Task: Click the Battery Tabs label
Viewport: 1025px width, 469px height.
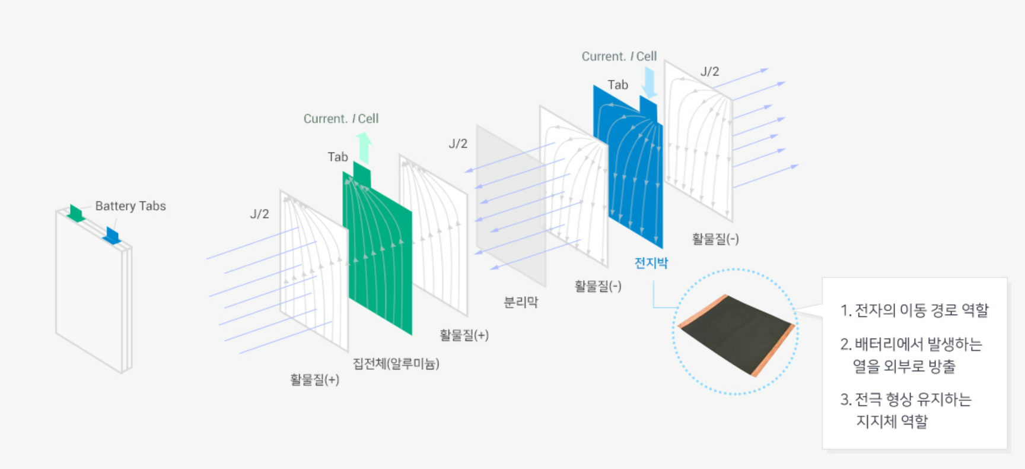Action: tap(130, 206)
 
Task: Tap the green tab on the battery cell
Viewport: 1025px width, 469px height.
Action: tap(76, 213)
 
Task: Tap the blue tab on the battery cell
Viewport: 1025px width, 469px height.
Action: tap(112, 235)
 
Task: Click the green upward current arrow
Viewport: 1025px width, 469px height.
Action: tap(364, 147)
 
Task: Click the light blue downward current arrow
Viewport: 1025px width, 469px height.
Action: tap(650, 83)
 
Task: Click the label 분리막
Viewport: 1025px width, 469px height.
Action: tap(521, 302)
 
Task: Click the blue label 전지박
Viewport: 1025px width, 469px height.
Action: tap(651, 263)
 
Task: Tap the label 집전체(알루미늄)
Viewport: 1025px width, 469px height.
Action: tap(396, 363)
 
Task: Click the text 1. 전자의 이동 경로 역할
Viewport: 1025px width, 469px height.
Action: tap(914, 310)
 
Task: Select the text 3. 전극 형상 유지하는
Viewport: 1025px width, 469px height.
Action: tap(906, 399)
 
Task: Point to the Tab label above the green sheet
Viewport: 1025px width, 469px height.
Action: tap(338, 157)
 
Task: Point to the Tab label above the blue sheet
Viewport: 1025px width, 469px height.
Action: tap(617, 85)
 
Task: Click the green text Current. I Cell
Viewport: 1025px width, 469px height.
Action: tap(340, 119)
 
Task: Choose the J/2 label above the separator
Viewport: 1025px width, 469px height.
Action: tap(458, 144)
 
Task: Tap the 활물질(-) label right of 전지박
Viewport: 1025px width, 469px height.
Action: tap(715, 239)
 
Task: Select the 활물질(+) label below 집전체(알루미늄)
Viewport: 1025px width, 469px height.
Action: tap(314, 379)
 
